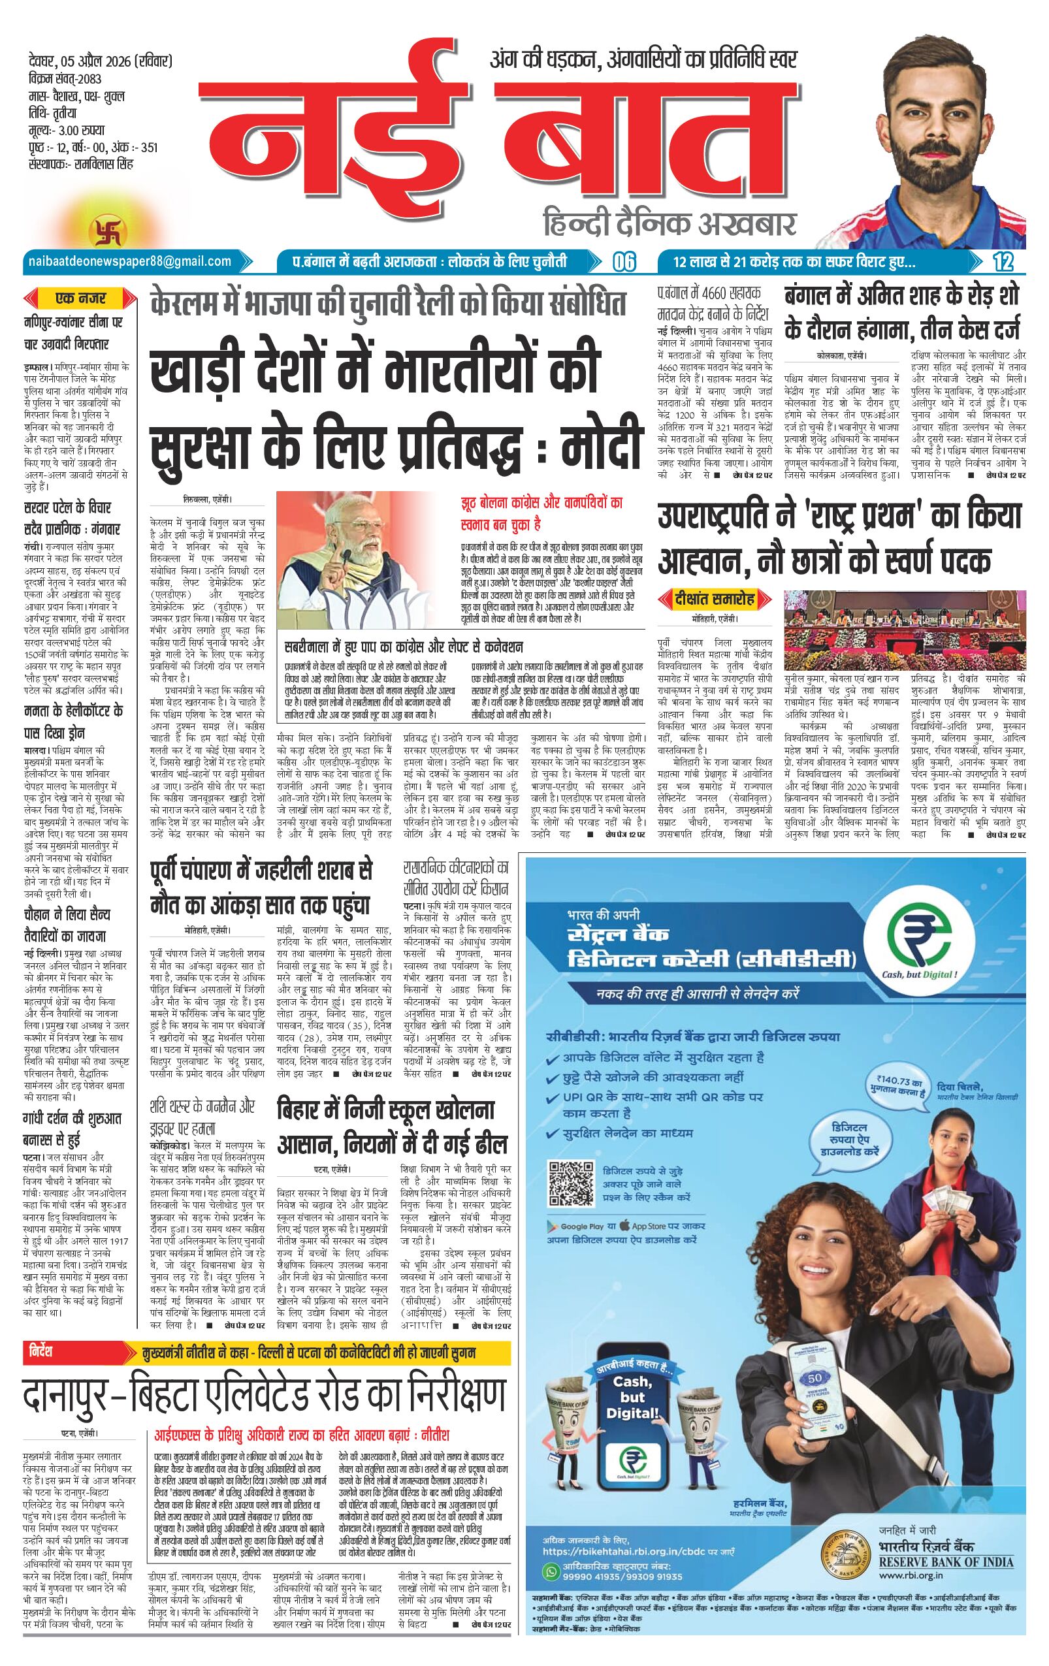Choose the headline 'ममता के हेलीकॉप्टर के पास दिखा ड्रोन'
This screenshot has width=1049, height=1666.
pos(73,721)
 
